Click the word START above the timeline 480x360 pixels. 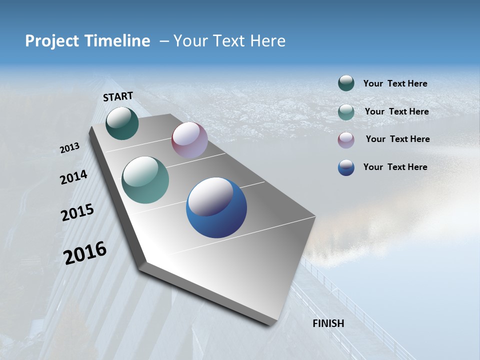pos(118,96)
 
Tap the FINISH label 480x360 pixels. pos(328,323)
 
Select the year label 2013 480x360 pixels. pos(69,148)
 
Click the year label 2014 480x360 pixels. pos(73,177)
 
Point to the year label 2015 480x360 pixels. pos(77,212)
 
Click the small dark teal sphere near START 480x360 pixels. pos(122,123)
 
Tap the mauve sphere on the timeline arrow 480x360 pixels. pos(189,140)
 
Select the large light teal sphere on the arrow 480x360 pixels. pos(145,180)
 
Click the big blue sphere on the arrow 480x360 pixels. pos(216,207)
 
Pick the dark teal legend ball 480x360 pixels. pos(346,83)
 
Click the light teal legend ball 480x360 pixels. pos(346,111)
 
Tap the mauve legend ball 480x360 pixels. pos(346,139)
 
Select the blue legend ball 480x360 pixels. pos(346,167)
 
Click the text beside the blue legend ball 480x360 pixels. pos(395,167)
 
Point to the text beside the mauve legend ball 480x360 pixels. pos(397,139)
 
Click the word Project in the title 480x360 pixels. pos(51,41)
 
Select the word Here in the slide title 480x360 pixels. pos(267,41)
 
